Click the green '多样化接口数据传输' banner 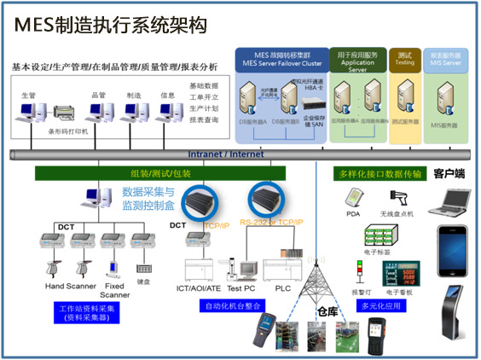click(380, 174)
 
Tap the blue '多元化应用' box click(381, 304)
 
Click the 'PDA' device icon click(354, 199)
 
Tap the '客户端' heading click(449, 174)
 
